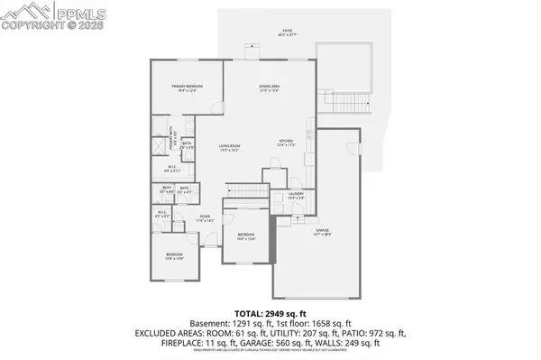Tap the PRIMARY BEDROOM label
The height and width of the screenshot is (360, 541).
coord(188,87)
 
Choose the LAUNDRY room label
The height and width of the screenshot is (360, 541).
coord(295,194)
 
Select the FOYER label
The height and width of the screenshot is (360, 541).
coord(206,217)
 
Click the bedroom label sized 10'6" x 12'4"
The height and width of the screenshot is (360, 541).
coord(246,236)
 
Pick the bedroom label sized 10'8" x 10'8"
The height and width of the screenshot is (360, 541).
coord(175,256)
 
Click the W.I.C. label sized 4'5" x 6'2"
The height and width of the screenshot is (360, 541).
coord(163,215)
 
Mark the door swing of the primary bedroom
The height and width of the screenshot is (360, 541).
coord(216,107)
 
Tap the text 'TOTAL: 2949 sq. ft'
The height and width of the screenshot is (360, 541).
coord(270,311)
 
